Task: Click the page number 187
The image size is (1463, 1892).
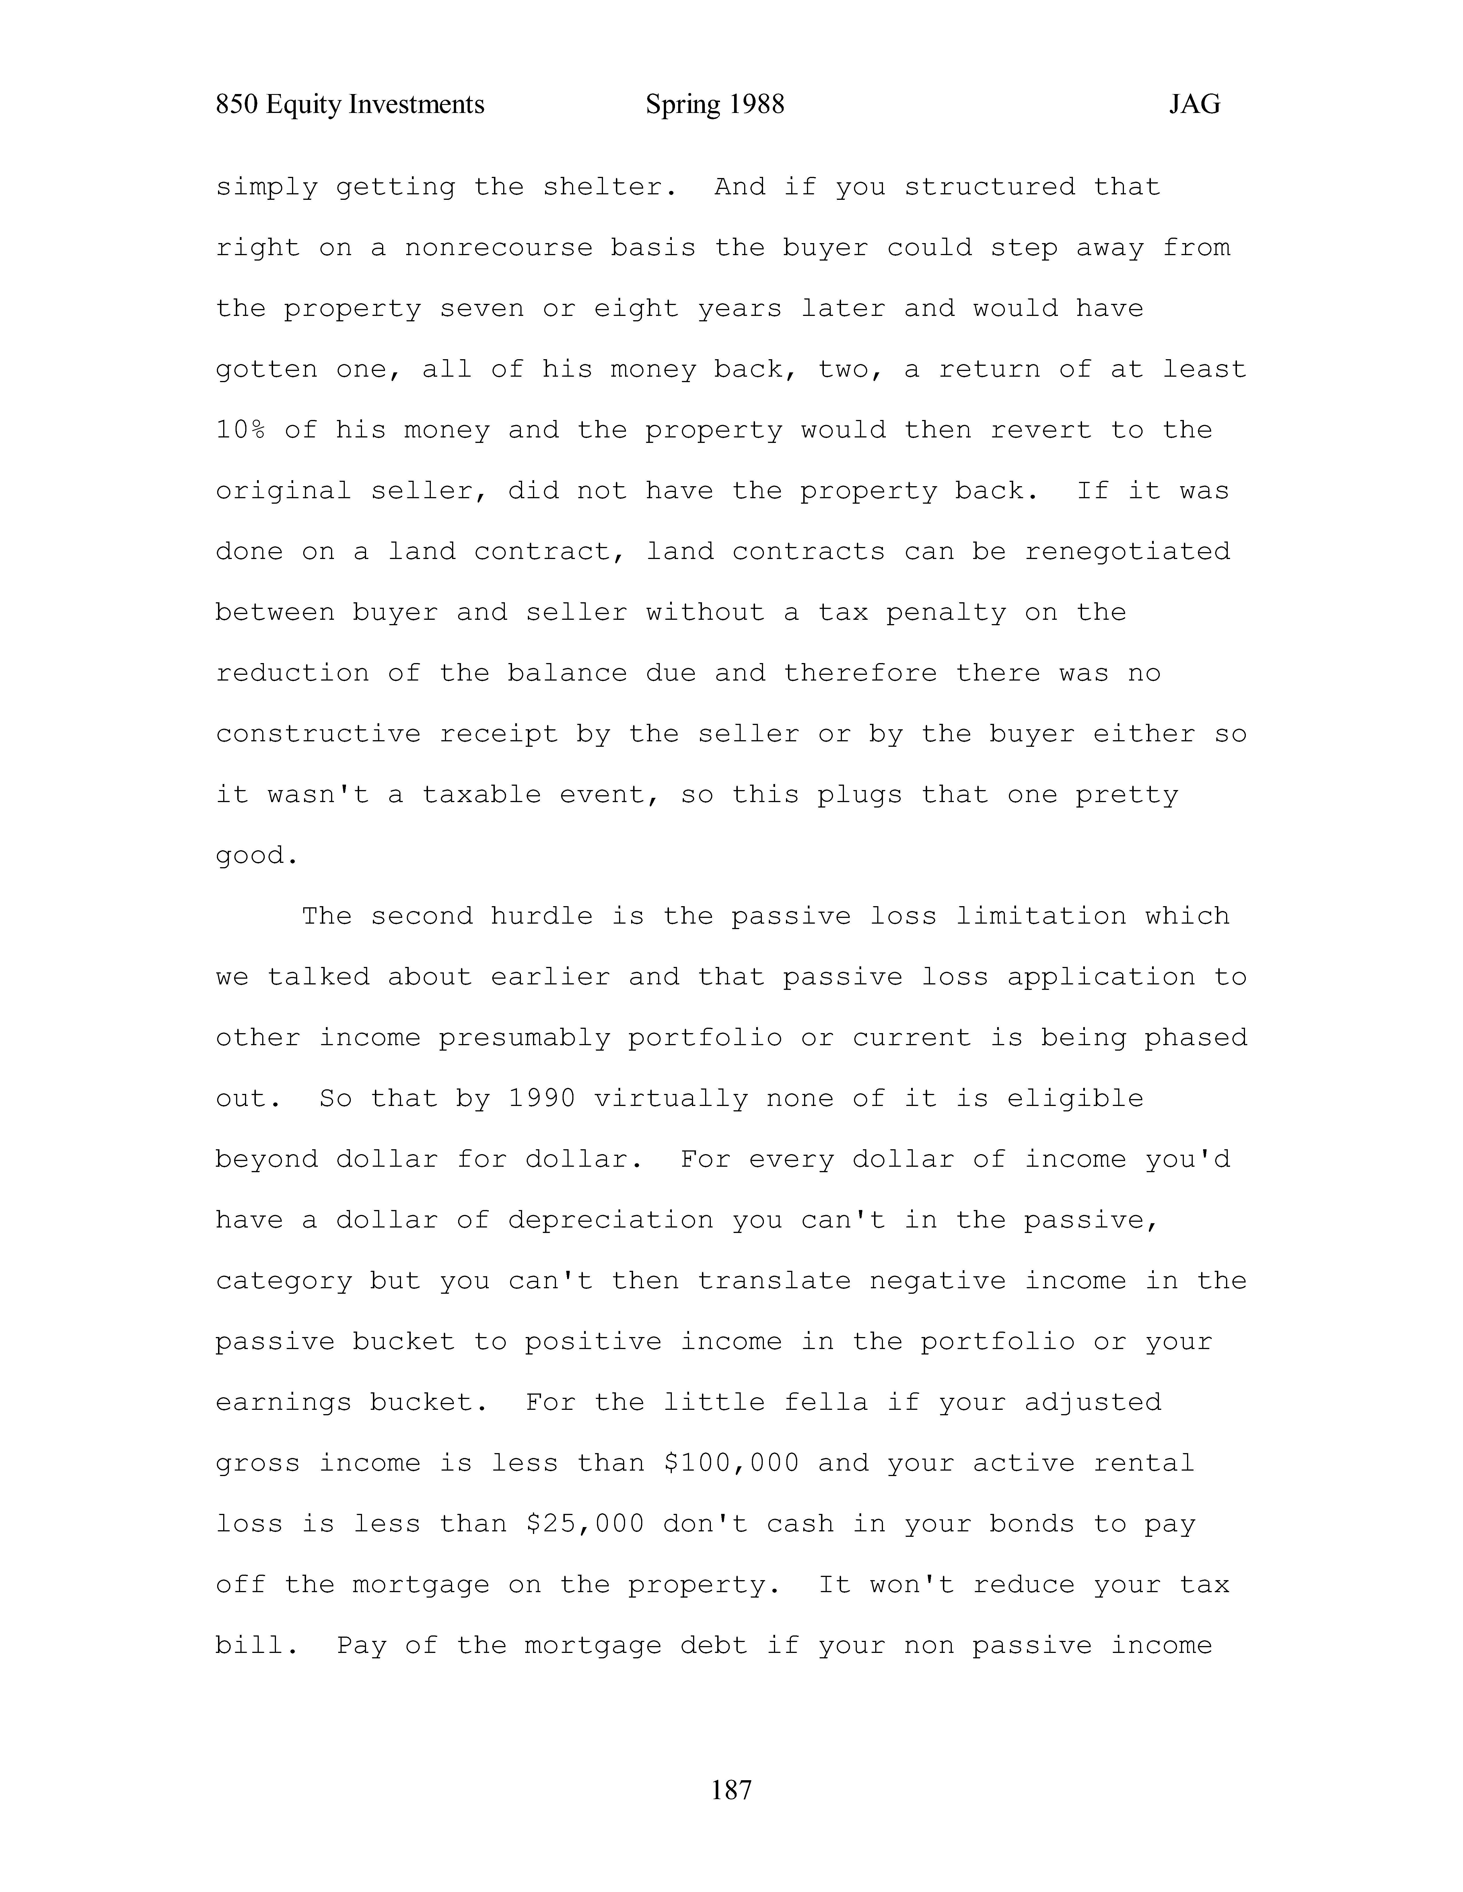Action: coord(731,1789)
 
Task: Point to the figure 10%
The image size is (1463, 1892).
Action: coord(240,430)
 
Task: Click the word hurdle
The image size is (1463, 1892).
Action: coord(542,916)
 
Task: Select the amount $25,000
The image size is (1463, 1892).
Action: coord(585,1524)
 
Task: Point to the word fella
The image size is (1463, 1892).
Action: coord(825,1403)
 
